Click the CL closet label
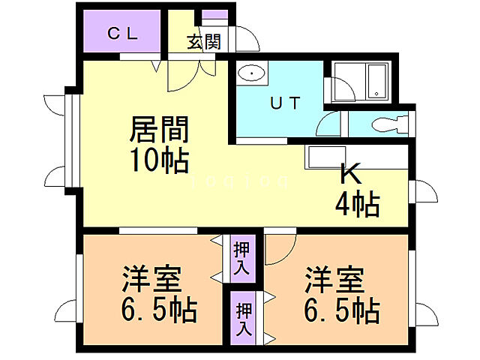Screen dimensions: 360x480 point(120,33)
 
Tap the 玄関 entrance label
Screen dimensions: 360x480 point(203,42)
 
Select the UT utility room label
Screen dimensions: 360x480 point(286,103)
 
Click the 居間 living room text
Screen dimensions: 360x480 point(159,129)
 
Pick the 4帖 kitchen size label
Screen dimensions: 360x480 point(356,202)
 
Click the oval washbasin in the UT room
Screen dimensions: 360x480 point(251,74)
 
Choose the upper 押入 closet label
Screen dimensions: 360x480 point(241,257)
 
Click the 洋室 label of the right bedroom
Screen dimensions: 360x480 point(334,280)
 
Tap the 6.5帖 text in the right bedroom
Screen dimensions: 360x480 point(341,309)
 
